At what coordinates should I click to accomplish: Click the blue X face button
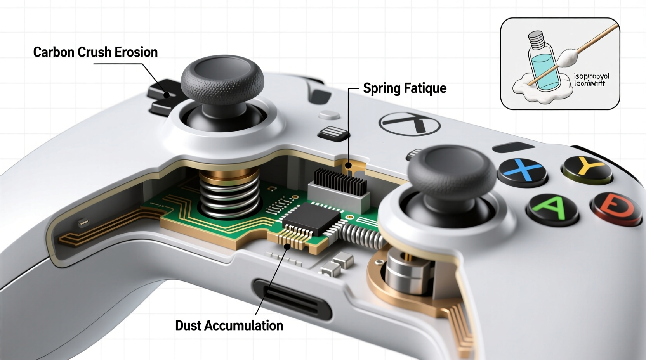(523, 171)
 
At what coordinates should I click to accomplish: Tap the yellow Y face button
(587, 169)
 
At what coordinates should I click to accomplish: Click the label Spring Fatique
(405, 88)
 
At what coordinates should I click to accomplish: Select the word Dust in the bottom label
(188, 325)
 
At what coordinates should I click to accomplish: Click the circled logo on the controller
(410, 124)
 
